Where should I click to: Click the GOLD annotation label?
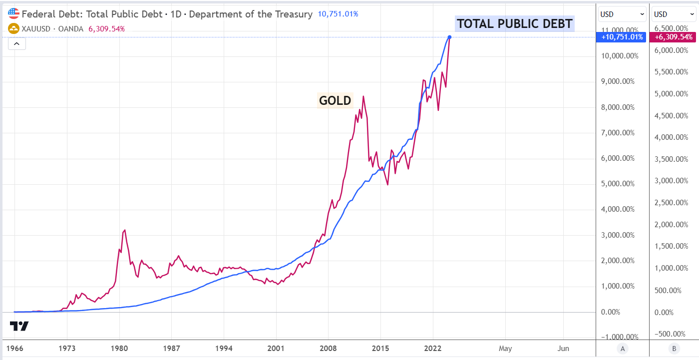[x=335, y=100]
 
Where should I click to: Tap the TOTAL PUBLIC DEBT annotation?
[x=515, y=23]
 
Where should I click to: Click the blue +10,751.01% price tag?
[x=622, y=37]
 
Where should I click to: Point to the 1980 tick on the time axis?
[x=119, y=348]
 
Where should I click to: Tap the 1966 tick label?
[x=14, y=348]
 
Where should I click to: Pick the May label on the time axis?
[x=505, y=348]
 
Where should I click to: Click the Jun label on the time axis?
[x=563, y=348]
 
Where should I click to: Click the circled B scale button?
[x=674, y=349]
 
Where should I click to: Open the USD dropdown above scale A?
[x=622, y=14]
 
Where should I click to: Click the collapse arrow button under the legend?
[x=16, y=44]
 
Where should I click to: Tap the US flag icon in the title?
[x=13, y=14]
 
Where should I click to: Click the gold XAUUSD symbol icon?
[x=13, y=28]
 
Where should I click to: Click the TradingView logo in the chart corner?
[x=19, y=327]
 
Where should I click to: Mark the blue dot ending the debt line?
[x=450, y=37]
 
